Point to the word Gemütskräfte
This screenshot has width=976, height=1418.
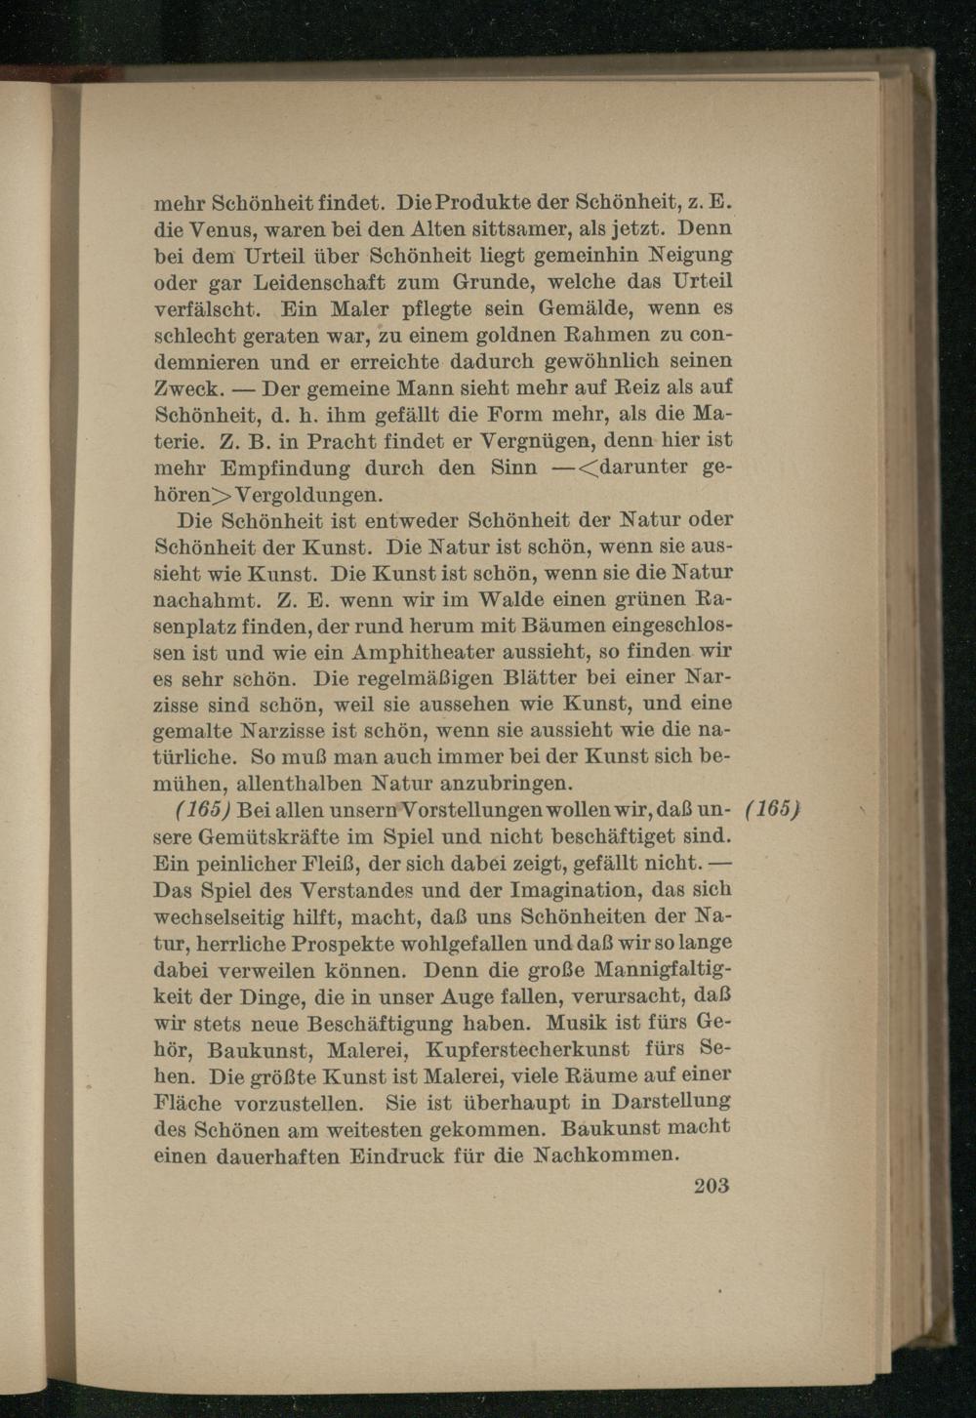point(270,836)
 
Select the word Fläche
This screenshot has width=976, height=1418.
point(188,1104)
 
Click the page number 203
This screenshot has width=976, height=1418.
point(712,1187)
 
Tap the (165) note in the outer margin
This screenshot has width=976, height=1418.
point(772,810)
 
